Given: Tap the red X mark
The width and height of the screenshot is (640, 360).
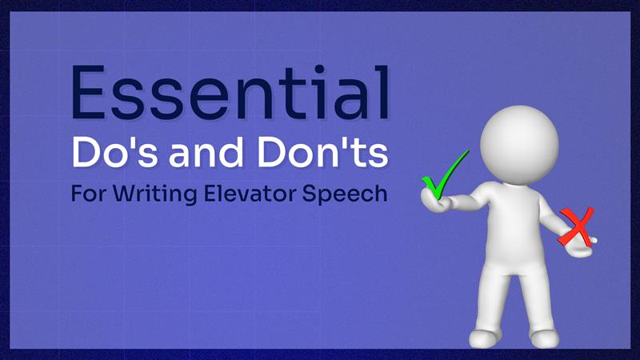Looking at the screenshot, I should (x=577, y=226).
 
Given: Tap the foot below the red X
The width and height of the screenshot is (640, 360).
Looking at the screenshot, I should (x=543, y=338).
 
